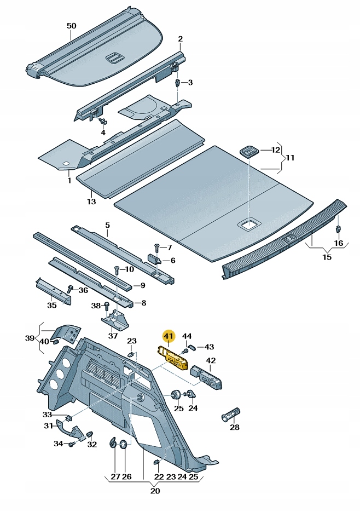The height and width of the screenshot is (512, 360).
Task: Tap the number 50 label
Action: coord(72,26)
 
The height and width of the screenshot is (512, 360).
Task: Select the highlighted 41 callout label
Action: coord(168,336)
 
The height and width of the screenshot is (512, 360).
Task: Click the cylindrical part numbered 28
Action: coord(231,415)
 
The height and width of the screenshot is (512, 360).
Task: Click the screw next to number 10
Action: coord(116,270)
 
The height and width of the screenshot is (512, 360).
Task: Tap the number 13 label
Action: coord(91,202)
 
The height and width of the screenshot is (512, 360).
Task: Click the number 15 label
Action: coord(327,257)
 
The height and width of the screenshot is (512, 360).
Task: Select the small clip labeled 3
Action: coord(178,83)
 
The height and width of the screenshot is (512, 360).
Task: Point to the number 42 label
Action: coord(211,360)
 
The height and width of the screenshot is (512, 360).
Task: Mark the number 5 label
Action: coord(107,225)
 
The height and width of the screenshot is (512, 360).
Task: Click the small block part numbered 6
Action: coord(154,260)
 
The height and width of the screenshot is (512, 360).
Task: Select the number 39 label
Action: coord(30,338)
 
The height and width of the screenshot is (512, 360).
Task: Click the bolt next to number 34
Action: coord(71,444)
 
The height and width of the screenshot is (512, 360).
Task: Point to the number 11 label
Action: coord(290,158)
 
